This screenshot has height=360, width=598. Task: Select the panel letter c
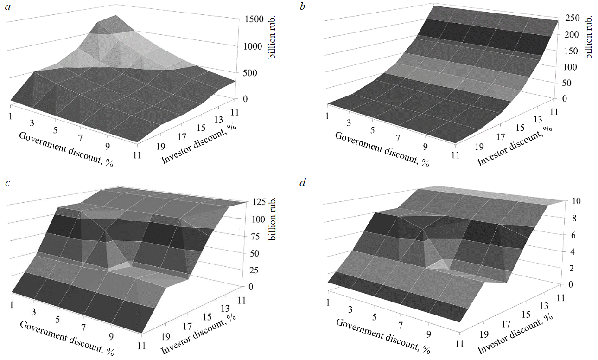7,182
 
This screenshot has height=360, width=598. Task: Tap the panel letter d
303,182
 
